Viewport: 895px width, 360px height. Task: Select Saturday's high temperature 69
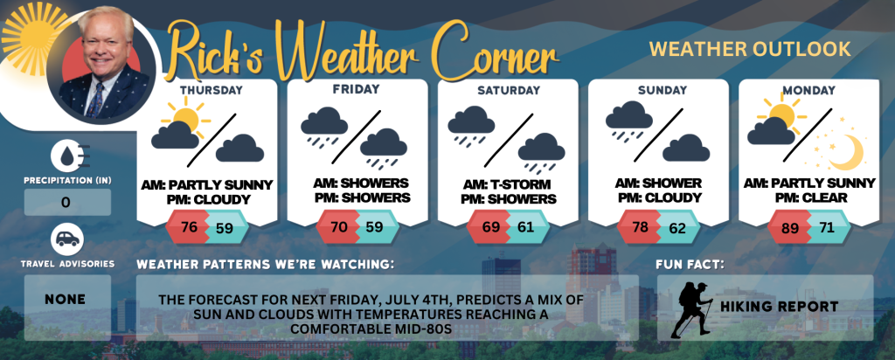pos(491,227)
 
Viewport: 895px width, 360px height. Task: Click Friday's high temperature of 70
pos(340,227)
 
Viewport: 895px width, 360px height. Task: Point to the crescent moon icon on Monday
pos(847,152)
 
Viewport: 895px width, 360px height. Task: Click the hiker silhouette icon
pos(691,308)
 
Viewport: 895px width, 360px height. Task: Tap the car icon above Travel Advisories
pos(67,240)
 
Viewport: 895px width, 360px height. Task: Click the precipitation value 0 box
pos(67,202)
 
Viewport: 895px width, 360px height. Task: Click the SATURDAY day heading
pos(508,90)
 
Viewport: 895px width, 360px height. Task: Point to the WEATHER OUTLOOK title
pos(750,49)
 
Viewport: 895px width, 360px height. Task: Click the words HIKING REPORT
pos(779,307)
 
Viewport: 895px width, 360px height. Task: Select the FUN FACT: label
pos(690,265)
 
